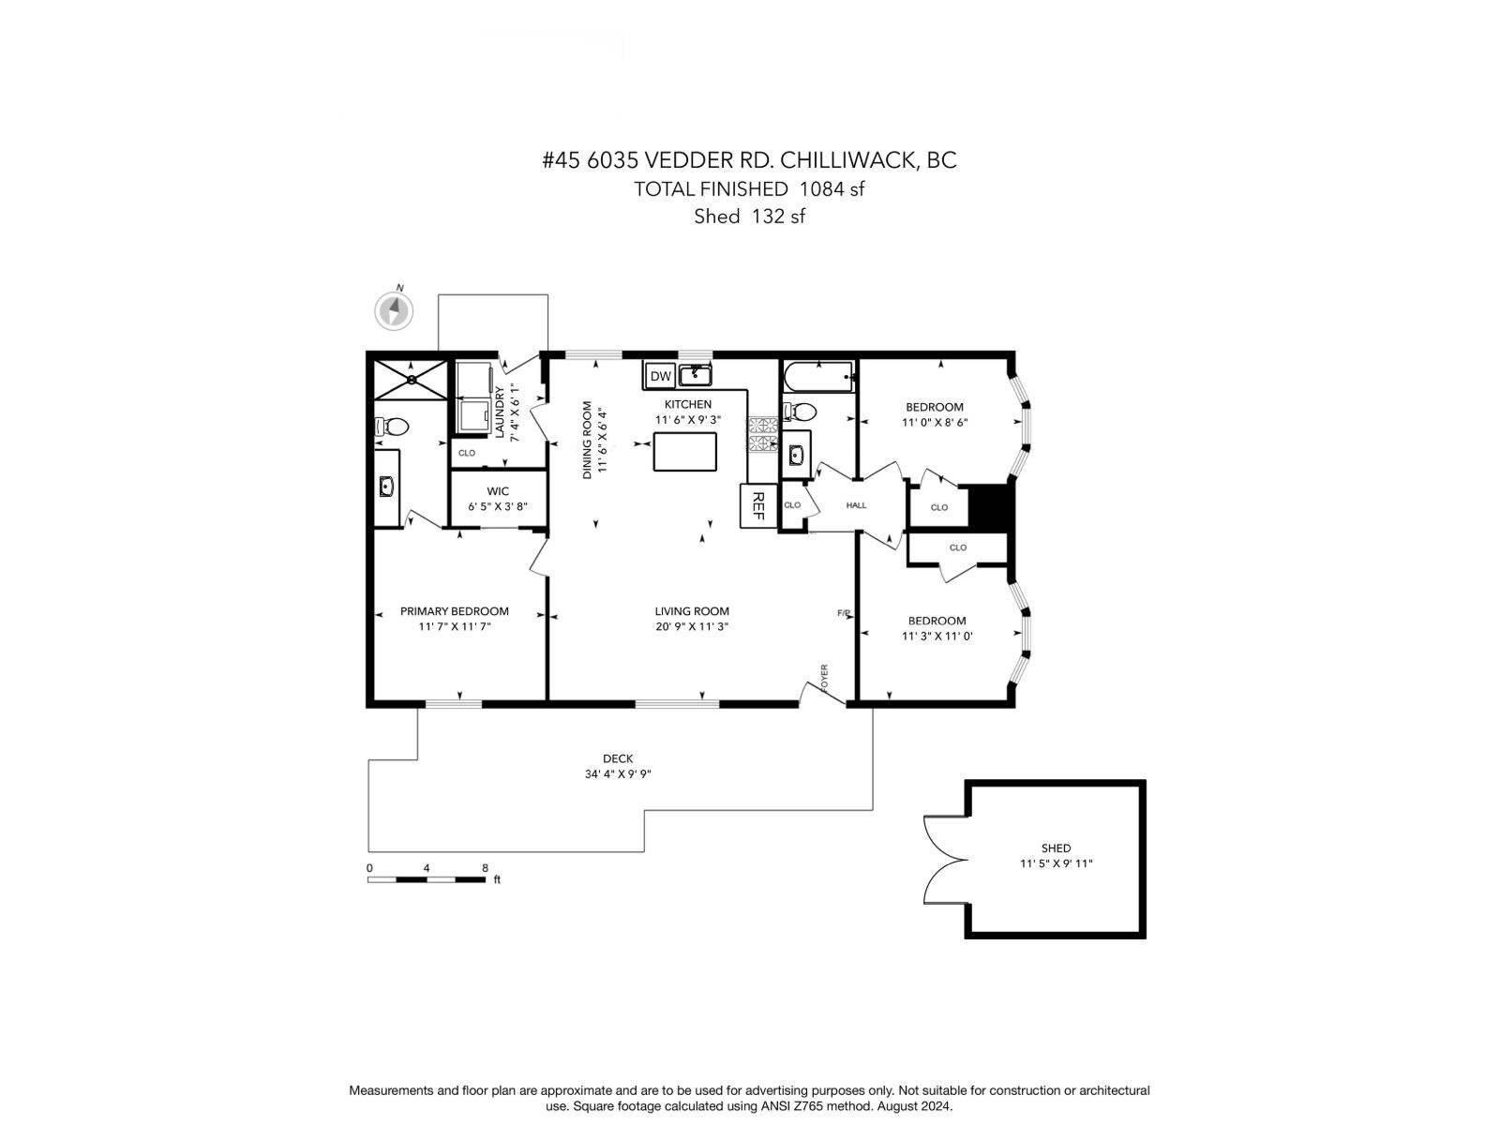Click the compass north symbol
(x=394, y=310)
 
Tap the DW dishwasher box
(x=661, y=376)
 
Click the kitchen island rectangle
(x=684, y=452)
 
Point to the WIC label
(x=498, y=491)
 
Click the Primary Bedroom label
(x=454, y=611)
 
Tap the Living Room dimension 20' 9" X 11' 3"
(x=692, y=626)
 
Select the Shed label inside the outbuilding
(x=1056, y=847)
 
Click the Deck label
(x=618, y=758)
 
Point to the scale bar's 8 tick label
(x=485, y=868)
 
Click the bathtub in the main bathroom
(x=817, y=377)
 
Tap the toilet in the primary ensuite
(x=393, y=427)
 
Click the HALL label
(x=856, y=505)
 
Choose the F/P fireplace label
(x=844, y=613)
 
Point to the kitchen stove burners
(x=762, y=434)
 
